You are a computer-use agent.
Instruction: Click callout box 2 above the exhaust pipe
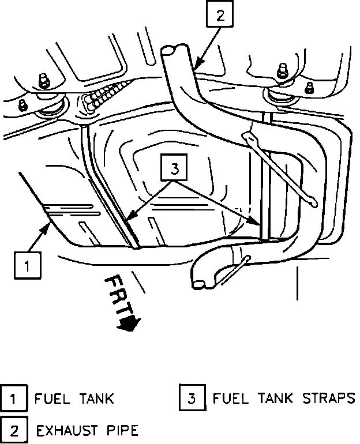point(219,16)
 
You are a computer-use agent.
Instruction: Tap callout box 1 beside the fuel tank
point(27,265)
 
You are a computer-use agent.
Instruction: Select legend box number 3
point(193,398)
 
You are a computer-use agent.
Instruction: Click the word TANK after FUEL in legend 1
point(92,398)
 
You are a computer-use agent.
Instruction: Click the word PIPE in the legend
point(119,430)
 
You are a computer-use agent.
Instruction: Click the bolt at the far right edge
point(310,88)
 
